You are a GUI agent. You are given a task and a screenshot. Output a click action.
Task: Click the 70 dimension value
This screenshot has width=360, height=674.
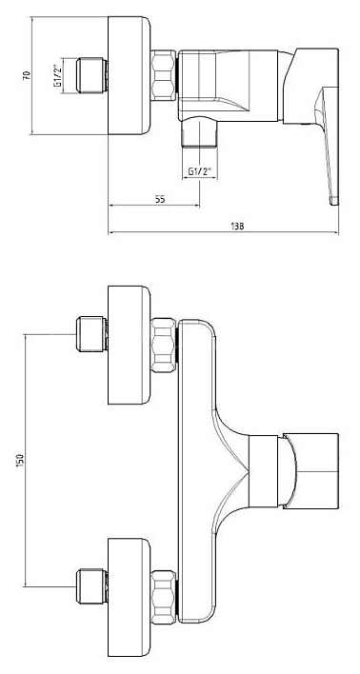point(27,75)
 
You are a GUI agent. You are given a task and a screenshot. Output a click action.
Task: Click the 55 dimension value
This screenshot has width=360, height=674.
point(160,199)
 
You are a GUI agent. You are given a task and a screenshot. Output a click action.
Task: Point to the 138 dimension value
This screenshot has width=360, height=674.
point(237,227)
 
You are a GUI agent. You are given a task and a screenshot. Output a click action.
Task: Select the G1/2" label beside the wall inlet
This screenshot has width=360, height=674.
point(58,75)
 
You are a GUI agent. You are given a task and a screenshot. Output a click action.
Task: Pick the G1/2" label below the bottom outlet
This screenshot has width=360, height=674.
point(201,171)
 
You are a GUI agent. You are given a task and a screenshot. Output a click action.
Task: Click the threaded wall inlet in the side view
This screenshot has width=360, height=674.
point(92,75)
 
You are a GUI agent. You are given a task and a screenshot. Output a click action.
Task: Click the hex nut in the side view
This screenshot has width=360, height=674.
point(164,75)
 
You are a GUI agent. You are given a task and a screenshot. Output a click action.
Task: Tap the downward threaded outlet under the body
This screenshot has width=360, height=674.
point(199,133)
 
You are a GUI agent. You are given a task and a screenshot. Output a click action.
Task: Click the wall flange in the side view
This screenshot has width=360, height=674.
point(129,75)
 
